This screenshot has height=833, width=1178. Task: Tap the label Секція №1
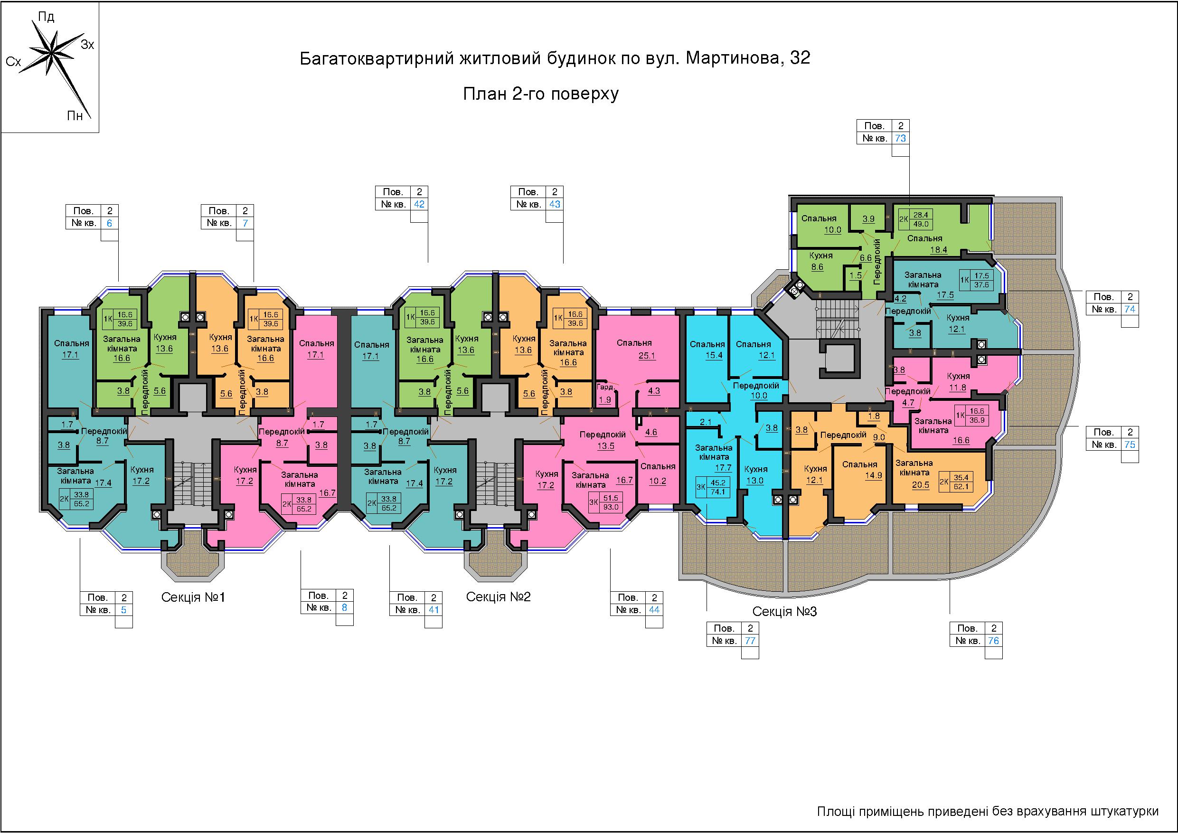[193, 597]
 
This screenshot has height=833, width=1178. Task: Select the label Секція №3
[784, 611]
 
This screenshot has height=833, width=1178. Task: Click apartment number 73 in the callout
[900, 138]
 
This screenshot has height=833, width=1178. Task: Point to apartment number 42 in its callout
[419, 204]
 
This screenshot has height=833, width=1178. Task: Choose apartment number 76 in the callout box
[993, 641]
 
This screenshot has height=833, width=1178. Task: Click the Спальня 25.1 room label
[635, 349]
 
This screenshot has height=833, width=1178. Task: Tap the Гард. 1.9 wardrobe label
[605, 393]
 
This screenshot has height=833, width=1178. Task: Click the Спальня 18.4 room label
[924, 244]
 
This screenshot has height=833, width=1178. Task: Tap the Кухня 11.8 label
[958, 382]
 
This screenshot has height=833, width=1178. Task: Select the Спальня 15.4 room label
[707, 350]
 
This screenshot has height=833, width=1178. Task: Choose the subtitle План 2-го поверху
[541, 94]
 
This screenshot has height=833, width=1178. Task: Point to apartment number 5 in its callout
[123, 610]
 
